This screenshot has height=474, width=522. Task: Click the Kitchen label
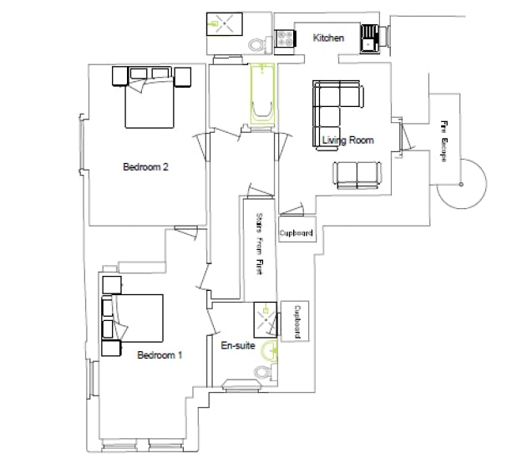328,38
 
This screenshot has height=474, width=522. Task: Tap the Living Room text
348,140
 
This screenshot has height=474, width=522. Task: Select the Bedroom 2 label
146,166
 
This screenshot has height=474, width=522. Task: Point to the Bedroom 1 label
160,355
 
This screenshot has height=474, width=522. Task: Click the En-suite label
238,345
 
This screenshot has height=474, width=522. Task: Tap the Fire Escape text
443,141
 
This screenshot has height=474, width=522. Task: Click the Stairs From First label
260,243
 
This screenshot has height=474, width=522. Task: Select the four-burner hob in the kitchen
285,38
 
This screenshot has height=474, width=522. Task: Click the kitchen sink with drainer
369,38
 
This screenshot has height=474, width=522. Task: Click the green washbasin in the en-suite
269,350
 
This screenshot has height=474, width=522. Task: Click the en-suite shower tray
266,320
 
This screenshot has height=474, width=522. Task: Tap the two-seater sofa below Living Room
357,175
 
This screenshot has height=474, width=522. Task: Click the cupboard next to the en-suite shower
296,321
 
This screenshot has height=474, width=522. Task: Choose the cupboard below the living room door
297,229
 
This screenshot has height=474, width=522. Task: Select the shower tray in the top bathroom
225,24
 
